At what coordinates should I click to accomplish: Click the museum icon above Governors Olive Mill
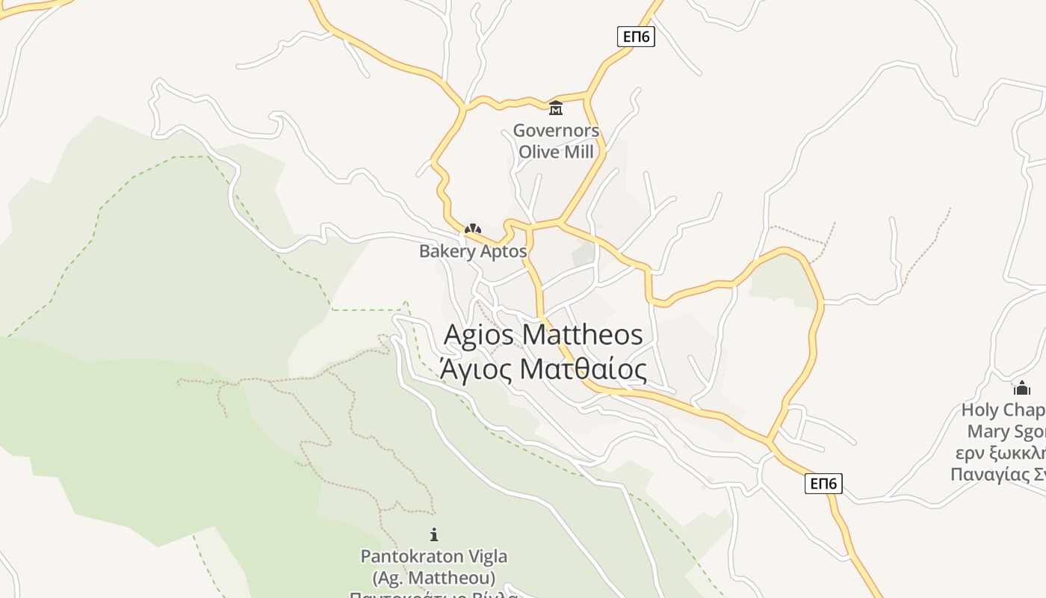pos(556,109)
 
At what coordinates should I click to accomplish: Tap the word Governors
pos(556,131)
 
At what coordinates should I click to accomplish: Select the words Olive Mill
pos(556,152)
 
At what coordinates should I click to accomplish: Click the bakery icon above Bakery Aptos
pos(473,229)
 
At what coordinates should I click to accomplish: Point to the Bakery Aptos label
pos(473,251)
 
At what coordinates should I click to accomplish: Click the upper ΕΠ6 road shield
pos(636,37)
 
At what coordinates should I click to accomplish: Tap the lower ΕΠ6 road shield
pos(823,484)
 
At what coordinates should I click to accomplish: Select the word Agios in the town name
pos(479,335)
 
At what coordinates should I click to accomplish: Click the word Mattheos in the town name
pos(583,335)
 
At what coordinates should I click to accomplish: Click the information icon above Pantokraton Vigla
pos(434,534)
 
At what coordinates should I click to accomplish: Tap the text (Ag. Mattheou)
pos(434,578)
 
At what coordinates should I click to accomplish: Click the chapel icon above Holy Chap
pos(1021,388)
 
